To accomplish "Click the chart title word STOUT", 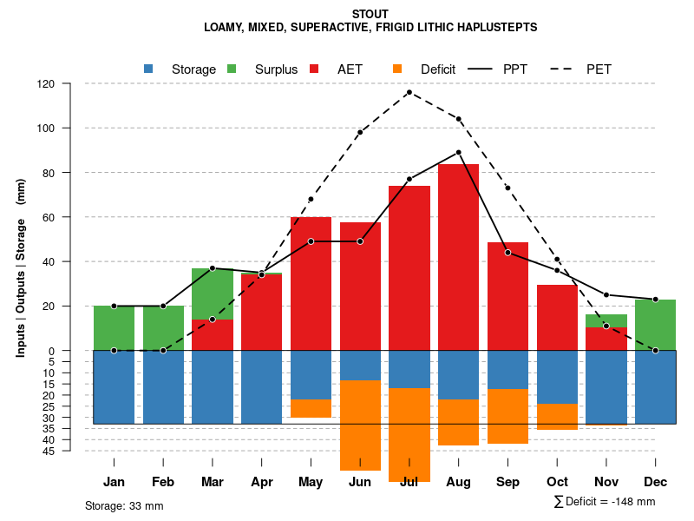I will [370, 14].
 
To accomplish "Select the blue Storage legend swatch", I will [148, 69].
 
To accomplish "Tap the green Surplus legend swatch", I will [232, 69].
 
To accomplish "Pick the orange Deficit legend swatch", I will [398, 69].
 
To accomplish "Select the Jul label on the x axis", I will [409, 482].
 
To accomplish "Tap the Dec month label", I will [656, 482].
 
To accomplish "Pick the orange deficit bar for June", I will [360, 425].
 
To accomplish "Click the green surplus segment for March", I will [213, 293].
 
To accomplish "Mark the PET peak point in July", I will [409, 92].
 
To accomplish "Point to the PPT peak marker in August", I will [459, 152].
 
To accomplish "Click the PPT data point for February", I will [163, 306].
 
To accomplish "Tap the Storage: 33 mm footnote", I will [124, 505].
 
